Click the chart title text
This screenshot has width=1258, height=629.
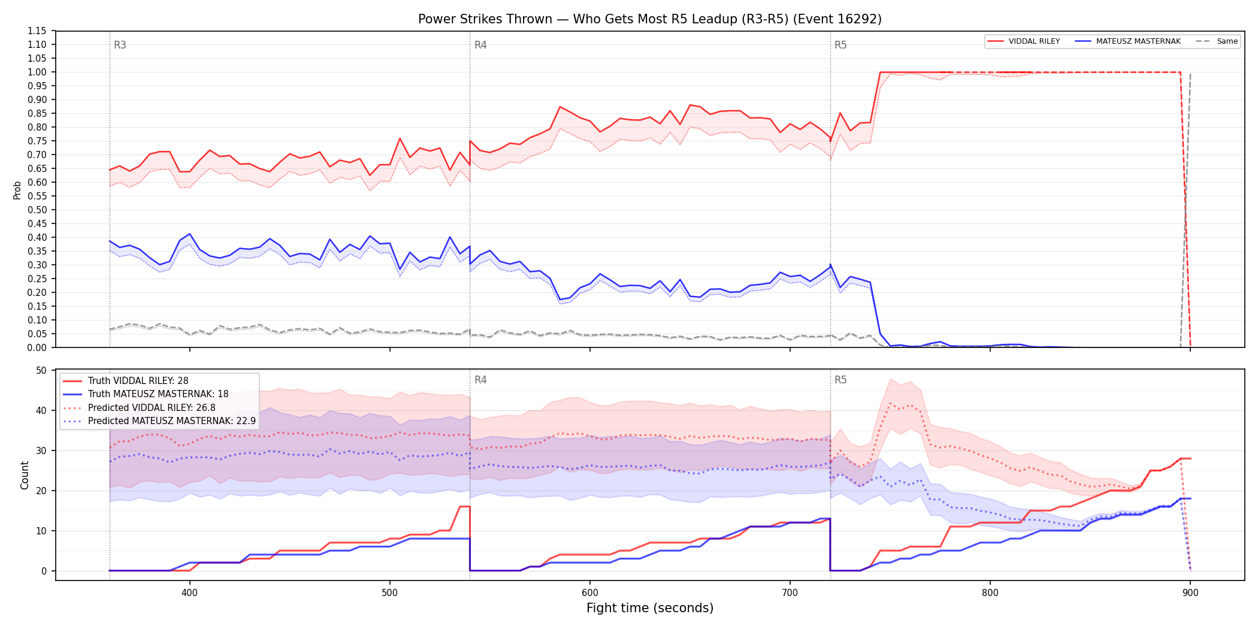pos(650,19)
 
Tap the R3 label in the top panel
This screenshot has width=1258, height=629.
pos(120,45)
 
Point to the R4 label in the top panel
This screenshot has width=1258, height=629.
pos(480,45)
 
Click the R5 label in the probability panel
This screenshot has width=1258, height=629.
pos(840,45)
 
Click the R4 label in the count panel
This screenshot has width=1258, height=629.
pos(480,380)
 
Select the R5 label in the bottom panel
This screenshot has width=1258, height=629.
pos(840,380)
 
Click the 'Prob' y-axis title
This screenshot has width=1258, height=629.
pos(17,190)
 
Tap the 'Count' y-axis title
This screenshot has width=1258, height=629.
pos(25,475)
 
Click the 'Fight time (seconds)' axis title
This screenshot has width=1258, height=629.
pos(650,608)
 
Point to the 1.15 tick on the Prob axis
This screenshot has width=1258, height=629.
pos(37,31)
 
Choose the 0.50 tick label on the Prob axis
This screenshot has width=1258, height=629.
pos(37,210)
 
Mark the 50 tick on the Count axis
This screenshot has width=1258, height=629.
pos(41,370)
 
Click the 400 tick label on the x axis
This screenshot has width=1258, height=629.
pos(189,593)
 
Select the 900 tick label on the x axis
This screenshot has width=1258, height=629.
pos(1190,593)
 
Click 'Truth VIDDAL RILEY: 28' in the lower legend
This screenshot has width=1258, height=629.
pos(138,381)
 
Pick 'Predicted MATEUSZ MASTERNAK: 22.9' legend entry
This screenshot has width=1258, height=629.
pos(172,421)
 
